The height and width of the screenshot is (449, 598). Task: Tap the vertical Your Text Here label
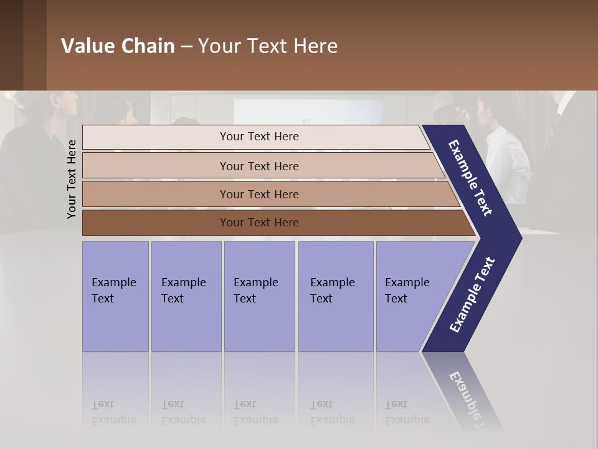(x=72, y=180)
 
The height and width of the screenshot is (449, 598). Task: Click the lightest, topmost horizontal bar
(x=259, y=137)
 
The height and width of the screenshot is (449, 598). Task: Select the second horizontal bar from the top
(x=259, y=166)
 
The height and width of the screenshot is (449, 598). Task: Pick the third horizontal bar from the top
(x=259, y=194)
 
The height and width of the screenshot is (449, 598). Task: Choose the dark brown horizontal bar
(x=259, y=223)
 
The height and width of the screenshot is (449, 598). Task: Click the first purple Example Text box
(x=115, y=296)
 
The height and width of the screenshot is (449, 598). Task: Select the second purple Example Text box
(x=186, y=296)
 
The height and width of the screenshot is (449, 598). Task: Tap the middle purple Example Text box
(x=259, y=296)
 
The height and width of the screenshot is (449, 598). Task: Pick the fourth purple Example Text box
(x=336, y=296)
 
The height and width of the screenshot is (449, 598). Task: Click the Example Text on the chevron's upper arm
(x=470, y=178)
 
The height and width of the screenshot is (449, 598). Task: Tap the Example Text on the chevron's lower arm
(x=472, y=295)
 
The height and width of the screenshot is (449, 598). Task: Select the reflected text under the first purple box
(x=113, y=412)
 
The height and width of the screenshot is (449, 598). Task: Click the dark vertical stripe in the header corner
(x=34, y=45)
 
